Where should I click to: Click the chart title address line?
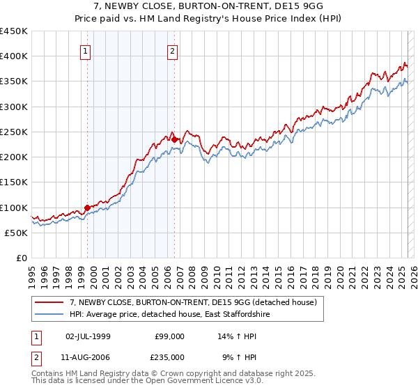tap(209, 6)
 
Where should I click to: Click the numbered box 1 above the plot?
tap(85, 51)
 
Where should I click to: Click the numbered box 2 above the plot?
tap(172, 51)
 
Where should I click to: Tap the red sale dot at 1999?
tap(87, 207)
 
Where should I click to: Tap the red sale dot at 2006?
tap(174, 139)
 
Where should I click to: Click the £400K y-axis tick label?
tap(14, 56)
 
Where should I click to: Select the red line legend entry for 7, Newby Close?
tap(193, 303)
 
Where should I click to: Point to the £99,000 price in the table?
tap(169, 336)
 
